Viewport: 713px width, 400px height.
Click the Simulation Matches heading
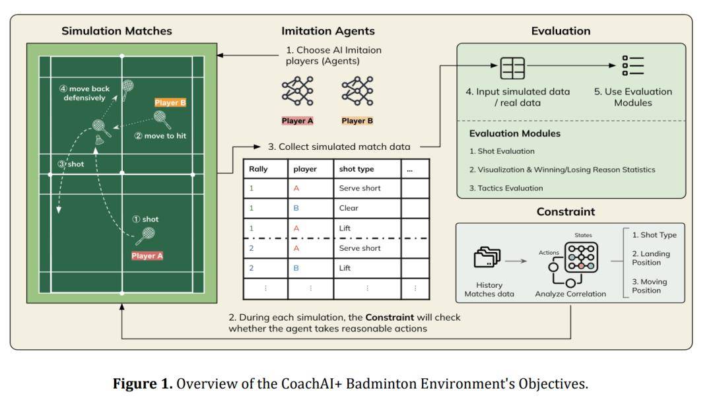pyautogui.click(x=117, y=31)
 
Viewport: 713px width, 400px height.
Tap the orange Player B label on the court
pyautogui.click(x=170, y=103)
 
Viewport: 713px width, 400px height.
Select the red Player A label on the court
pyautogui.click(x=147, y=256)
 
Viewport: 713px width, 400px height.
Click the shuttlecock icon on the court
pyautogui.click(x=100, y=140)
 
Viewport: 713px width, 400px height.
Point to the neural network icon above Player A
pyautogui.click(x=297, y=91)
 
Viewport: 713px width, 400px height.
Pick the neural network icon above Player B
pyautogui.click(x=357, y=91)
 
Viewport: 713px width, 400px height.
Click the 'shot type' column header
pyautogui.click(x=356, y=169)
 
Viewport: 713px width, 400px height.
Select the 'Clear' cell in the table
pyautogui.click(x=349, y=208)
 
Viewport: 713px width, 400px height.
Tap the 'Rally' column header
pyautogui.click(x=258, y=169)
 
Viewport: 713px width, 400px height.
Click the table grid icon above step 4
pyautogui.click(x=512, y=68)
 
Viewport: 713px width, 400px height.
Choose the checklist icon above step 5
pyautogui.click(x=633, y=65)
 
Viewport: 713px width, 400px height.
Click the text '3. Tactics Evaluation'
pyautogui.click(x=506, y=188)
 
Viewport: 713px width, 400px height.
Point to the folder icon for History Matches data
pyautogui.click(x=487, y=257)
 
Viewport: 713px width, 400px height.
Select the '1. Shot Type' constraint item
pyautogui.click(x=654, y=235)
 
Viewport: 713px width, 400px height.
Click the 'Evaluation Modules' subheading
pyautogui.click(x=515, y=133)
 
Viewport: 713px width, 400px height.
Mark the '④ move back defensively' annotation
pyautogui.click(x=85, y=93)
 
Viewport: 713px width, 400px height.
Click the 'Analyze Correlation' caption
pyautogui.click(x=570, y=294)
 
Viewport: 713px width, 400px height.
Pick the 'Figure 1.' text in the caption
pyautogui.click(x=143, y=383)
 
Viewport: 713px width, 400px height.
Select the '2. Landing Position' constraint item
pyautogui.click(x=651, y=258)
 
